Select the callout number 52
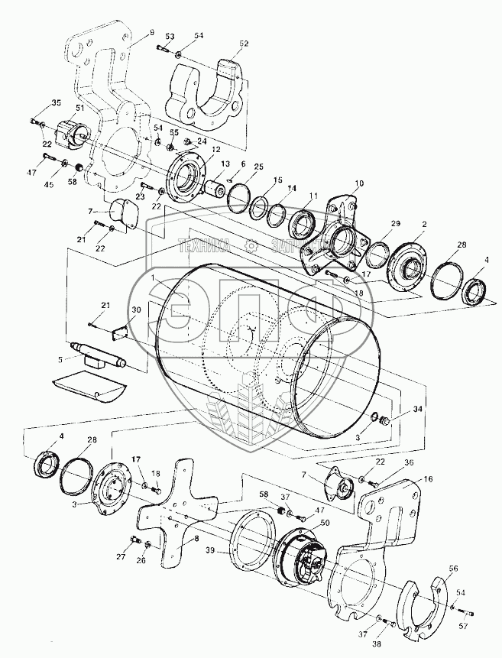tap(245, 44)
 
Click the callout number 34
tap(417, 410)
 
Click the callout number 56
tap(454, 569)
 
